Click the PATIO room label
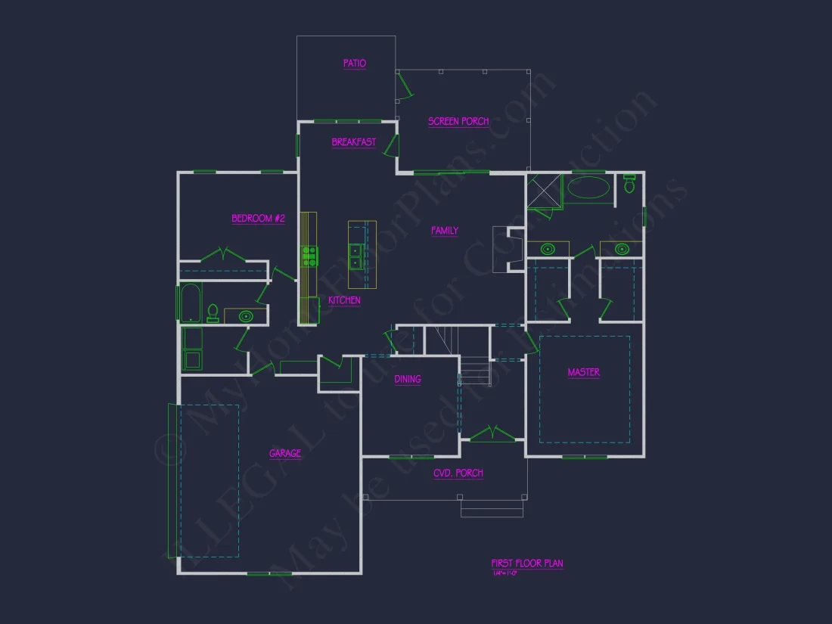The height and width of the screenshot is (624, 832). (354, 64)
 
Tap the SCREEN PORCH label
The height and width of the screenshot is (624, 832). (458, 121)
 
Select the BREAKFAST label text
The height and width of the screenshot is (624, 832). (353, 142)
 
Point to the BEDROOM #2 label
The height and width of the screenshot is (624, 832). (258, 219)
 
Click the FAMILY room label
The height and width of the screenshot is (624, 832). (445, 231)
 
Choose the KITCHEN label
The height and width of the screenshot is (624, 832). (344, 300)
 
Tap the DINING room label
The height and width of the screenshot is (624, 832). (408, 379)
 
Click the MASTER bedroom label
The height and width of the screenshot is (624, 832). (584, 372)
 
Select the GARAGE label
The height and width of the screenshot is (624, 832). (285, 454)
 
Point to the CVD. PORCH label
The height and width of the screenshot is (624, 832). (458, 473)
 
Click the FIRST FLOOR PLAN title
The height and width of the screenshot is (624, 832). (526, 563)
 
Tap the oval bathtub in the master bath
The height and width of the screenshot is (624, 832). (588, 188)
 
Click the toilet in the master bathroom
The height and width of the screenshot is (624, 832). (629, 184)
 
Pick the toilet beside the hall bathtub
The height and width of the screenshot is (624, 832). (213, 313)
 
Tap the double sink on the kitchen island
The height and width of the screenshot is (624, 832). (355, 256)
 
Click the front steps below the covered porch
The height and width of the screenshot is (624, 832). (492, 509)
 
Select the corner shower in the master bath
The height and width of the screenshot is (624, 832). (544, 191)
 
